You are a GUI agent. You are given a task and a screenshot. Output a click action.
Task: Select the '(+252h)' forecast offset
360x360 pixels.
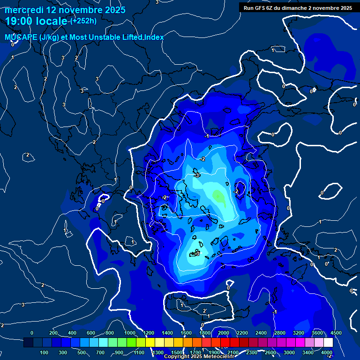point(83,21)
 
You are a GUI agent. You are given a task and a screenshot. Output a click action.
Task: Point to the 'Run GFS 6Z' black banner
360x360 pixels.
point(298,8)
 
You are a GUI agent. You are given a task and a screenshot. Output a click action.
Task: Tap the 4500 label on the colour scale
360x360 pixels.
point(336,333)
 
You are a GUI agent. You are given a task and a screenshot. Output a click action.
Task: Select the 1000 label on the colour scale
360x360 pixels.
point(130,333)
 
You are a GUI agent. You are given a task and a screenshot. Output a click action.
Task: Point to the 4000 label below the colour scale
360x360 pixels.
point(327,352)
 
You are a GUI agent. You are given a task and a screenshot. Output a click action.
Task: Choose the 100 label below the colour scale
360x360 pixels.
point(44,352)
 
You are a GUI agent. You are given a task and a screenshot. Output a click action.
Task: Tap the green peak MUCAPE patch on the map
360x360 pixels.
point(218,195)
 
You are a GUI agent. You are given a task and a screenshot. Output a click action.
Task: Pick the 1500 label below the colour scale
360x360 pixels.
point(177,352)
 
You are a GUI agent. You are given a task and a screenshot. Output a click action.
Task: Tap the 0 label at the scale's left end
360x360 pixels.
point(32,333)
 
